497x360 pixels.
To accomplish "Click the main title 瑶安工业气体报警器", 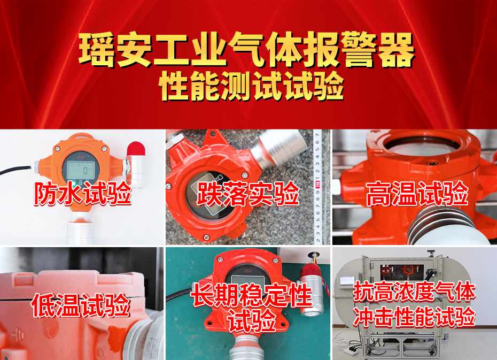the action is click(246, 50).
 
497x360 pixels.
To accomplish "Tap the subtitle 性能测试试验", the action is click(251, 86).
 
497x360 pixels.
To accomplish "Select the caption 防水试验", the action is click(82, 193).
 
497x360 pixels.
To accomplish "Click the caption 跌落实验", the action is click(248, 193).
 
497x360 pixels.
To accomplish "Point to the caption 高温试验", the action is click(417, 193).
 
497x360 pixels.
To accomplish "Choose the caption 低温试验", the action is click(81, 305).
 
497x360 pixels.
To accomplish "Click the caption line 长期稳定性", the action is click(251, 295).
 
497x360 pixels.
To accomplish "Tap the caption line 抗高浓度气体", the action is click(414, 292).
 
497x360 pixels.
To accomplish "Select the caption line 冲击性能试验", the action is click(414, 316).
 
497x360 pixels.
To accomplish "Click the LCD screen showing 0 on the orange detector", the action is click(80, 170).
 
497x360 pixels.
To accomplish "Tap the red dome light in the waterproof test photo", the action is click(136, 149).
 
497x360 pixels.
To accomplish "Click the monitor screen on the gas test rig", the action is click(347, 280).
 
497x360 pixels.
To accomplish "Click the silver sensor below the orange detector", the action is click(80, 227).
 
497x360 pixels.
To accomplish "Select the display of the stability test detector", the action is click(248, 279).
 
